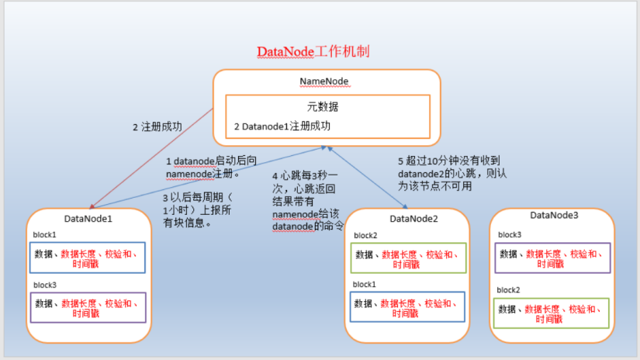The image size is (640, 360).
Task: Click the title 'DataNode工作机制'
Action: pyautogui.click(x=313, y=52)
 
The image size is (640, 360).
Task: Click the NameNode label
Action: pyautogui.click(x=327, y=81)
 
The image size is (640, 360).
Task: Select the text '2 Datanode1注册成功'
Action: pyautogui.click(x=282, y=125)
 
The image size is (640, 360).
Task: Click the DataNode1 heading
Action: pyautogui.click(x=88, y=219)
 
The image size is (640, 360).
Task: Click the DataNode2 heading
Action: pyautogui.click(x=413, y=219)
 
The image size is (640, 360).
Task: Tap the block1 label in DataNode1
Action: pyautogui.click(x=45, y=234)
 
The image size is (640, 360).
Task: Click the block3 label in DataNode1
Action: pyautogui.click(x=45, y=285)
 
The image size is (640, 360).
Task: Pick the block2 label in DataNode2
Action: pyautogui.click(x=365, y=235)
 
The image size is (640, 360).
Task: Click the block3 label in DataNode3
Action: pyautogui.click(x=510, y=234)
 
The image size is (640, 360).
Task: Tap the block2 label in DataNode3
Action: pyautogui.click(x=509, y=289)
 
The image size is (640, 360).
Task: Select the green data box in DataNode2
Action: pyautogui.click(x=407, y=258)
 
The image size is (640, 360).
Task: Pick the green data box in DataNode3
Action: pyautogui.click(x=552, y=313)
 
